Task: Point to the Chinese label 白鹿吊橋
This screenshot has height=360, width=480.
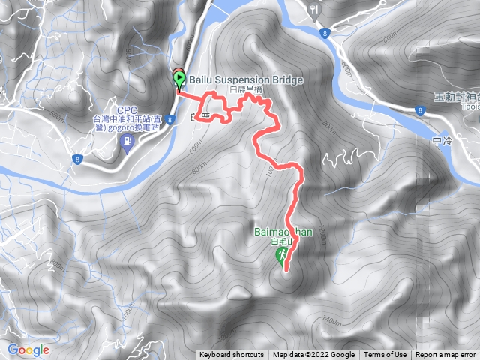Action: [x=247, y=88]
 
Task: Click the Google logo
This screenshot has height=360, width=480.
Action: [x=28, y=349]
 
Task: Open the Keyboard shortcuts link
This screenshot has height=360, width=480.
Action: [x=232, y=355]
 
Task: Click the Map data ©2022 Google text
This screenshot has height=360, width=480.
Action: [x=313, y=355]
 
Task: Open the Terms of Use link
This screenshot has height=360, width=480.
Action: [x=385, y=355]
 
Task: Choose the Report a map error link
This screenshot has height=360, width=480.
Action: [x=446, y=355]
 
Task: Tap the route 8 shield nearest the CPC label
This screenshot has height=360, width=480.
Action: [x=77, y=158]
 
